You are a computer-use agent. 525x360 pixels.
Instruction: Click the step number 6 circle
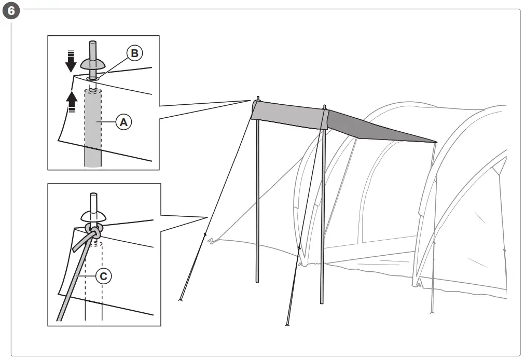tap(11, 10)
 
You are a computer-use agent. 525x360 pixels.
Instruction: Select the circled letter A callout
tap(123, 122)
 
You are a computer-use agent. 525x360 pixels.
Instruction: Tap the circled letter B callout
tap(134, 53)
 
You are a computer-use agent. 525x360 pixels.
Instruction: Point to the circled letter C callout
tap(103, 276)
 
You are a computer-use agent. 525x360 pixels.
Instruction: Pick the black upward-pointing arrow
tap(72, 99)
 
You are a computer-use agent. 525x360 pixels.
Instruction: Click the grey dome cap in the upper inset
tap(93, 64)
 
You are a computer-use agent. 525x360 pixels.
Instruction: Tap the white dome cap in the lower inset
tap(93, 215)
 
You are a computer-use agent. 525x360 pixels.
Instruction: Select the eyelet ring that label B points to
tap(93, 79)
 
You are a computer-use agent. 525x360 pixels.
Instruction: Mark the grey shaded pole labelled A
tap(93, 135)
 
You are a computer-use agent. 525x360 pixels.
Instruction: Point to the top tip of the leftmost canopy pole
tap(258, 98)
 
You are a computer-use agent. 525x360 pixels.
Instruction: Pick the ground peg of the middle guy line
tap(287, 325)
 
